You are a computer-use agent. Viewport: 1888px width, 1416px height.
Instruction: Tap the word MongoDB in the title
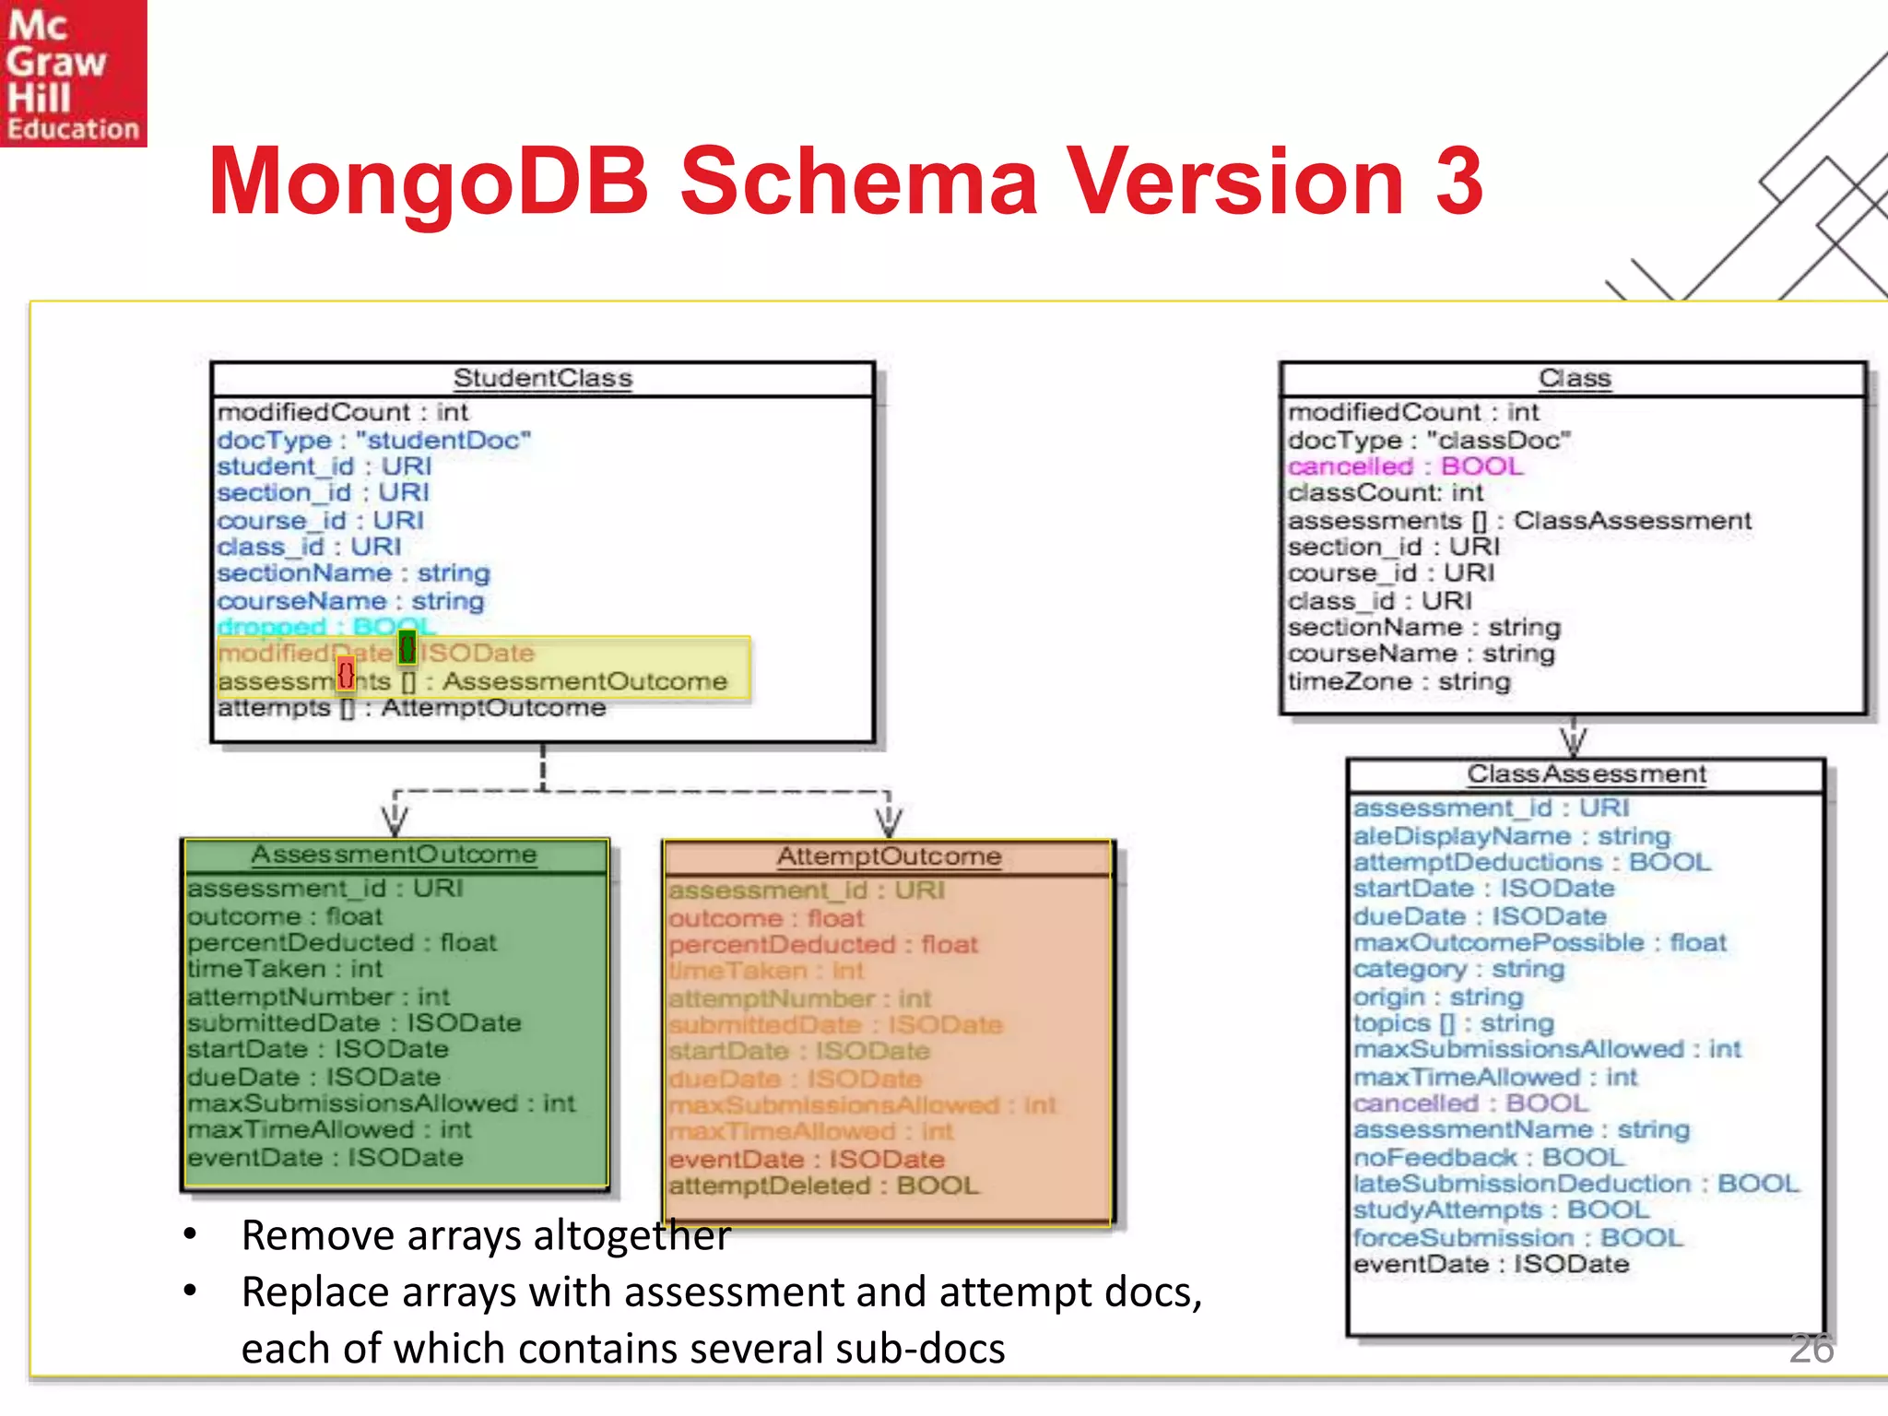(x=429, y=182)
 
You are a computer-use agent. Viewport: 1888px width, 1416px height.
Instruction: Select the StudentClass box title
(x=542, y=379)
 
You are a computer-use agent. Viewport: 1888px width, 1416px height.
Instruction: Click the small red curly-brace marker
(x=346, y=674)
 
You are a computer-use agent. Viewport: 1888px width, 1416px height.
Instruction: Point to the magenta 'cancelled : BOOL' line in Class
(x=1405, y=466)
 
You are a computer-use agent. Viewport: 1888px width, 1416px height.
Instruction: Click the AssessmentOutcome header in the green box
(x=394, y=855)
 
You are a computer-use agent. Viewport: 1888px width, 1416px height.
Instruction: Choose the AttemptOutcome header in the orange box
(x=889, y=856)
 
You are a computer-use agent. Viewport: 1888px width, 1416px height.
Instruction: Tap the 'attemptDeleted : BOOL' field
(x=823, y=1186)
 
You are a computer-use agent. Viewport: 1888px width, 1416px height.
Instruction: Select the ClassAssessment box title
(x=1587, y=774)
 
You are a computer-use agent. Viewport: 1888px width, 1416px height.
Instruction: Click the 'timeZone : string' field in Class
(x=1398, y=681)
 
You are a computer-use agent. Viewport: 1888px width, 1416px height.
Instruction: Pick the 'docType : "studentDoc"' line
(x=373, y=440)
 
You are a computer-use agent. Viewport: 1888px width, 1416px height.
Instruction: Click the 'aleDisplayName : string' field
(x=1511, y=836)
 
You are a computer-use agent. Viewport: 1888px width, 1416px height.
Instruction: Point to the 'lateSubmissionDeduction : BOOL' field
(x=1575, y=1184)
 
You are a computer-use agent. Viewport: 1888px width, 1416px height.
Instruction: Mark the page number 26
(x=1811, y=1349)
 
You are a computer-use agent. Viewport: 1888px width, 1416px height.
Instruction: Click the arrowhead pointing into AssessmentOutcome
(x=395, y=821)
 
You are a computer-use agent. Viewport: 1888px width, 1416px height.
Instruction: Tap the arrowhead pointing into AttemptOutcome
(x=889, y=821)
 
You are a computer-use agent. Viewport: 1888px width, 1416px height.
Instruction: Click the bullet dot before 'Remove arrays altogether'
(x=190, y=1234)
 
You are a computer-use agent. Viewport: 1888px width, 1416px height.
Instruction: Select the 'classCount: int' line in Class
(x=1385, y=493)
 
